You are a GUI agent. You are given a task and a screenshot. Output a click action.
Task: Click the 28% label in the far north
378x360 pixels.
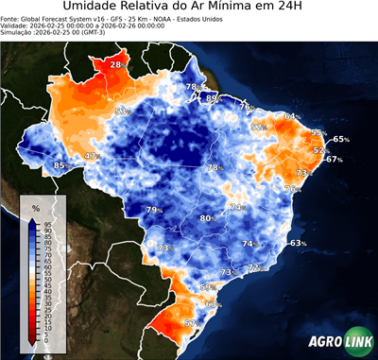[116, 63]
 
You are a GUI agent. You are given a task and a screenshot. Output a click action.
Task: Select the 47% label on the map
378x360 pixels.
[92, 156]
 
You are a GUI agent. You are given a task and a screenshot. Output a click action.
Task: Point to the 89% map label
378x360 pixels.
[214, 97]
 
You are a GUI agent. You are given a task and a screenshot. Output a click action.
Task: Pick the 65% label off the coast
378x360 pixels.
[340, 139]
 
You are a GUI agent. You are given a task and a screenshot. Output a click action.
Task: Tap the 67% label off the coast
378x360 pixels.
[334, 160]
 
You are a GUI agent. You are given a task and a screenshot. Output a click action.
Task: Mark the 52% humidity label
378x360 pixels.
[320, 150]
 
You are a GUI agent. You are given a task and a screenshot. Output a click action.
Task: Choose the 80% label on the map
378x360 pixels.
[207, 218]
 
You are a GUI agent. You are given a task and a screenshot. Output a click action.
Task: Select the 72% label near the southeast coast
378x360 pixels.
[254, 267]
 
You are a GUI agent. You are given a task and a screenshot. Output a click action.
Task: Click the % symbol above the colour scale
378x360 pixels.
[35, 206]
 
